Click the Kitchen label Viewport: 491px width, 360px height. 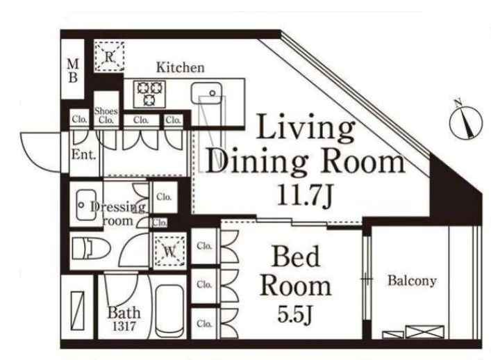pos(180,67)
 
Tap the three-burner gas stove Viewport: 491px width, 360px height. pos(149,94)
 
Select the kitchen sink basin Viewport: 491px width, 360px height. pos(206,93)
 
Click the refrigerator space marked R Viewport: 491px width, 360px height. pos(108,56)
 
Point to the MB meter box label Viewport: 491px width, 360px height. pos(73,71)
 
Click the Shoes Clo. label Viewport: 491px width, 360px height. pos(106,115)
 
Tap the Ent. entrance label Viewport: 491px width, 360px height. pos(83,154)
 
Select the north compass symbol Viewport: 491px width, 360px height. pos(465,121)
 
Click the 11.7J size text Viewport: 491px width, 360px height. pos(304,196)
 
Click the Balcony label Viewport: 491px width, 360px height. pos(412,280)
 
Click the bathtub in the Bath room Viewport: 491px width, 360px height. pos(170,311)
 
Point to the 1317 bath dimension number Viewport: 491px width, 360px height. pos(124,327)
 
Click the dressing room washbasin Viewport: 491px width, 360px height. pos(86,205)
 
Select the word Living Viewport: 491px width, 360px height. pos(306,127)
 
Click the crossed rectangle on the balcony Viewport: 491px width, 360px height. pos(424,332)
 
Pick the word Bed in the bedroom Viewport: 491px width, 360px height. pos(296,256)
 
